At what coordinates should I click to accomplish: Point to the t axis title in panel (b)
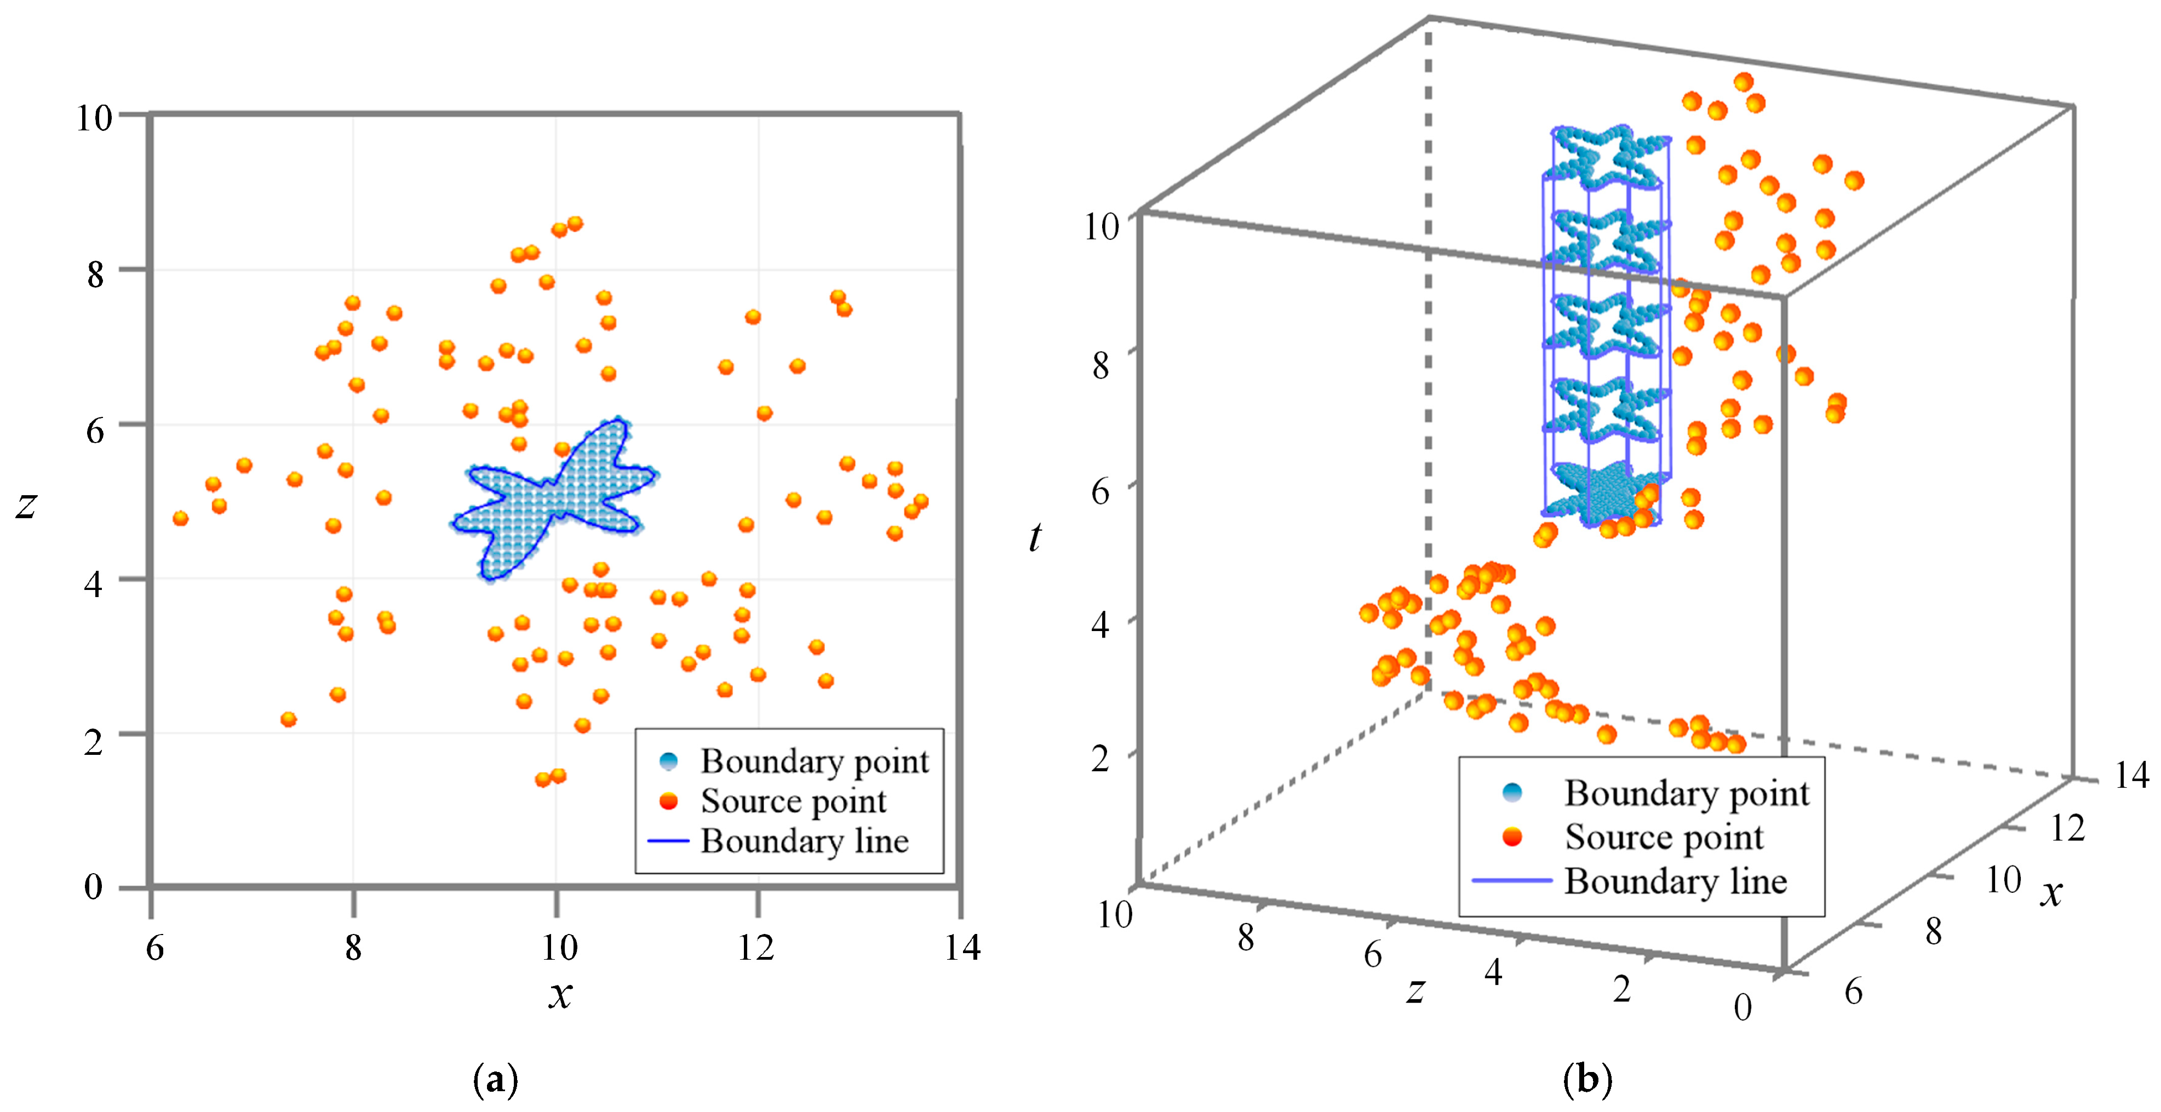(1035, 537)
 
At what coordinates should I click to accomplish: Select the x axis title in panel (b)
(2051, 892)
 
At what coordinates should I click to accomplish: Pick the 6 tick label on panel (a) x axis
(154, 948)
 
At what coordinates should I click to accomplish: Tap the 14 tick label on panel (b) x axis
(2131, 776)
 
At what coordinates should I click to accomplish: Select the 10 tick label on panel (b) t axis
(1102, 226)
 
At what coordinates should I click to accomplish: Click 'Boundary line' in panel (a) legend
(804, 841)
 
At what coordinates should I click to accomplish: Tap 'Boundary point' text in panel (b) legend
(1686, 793)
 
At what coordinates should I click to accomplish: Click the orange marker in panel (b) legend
(1512, 837)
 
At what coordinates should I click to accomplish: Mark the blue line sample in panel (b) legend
(1512, 880)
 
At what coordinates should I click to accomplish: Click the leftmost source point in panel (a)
(180, 518)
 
